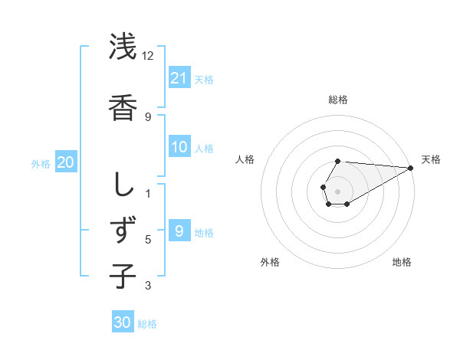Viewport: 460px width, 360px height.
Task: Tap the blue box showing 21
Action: click(179, 78)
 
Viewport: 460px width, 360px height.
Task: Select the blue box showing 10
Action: click(179, 147)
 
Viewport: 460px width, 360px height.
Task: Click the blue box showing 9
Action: click(179, 231)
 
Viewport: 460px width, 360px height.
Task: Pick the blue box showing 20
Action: click(65, 162)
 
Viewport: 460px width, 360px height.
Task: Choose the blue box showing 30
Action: click(123, 322)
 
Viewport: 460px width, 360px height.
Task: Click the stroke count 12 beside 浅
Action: click(147, 56)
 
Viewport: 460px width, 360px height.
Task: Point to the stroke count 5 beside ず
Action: click(148, 240)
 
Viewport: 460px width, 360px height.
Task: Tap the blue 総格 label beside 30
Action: click(147, 324)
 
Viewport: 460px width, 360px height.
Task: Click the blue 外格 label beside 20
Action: click(41, 164)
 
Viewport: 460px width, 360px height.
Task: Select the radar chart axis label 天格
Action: click(431, 159)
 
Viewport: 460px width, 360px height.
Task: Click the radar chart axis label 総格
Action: click(337, 100)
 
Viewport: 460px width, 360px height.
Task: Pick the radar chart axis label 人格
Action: click(245, 159)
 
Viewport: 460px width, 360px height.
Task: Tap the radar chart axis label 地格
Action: click(402, 262)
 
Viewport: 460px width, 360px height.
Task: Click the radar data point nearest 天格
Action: click(410, 168)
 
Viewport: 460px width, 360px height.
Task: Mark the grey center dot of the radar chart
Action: click(337, 190)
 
